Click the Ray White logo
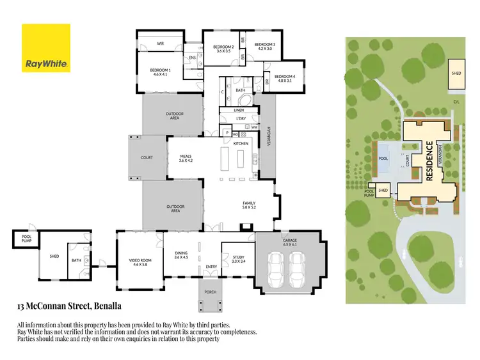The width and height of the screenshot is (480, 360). pyautogui.click(x=46, y=48)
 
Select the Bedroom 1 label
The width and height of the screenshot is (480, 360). pyautogui.click(x=159, y=72)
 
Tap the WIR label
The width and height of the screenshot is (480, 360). pyautogui.click(x=161, y=44)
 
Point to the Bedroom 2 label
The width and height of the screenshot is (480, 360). pyautogui.click(x=223, y=49)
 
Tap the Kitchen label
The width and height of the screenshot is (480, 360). pyautogui.click(x=241, y=144)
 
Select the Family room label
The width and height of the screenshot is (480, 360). pyautogui.click(x=249, y=205)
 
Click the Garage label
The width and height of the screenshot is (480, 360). pyautogui.click(x=289, y=243)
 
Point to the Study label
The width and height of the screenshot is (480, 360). pyautogui.click(x=238, y=259)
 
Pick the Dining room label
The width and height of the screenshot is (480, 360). pyautogui.click(x=182, y=255)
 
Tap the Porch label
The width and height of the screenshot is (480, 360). pyautogui.click(x=210, y=292)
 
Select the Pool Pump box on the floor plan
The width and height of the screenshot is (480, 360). pyautogui.click(x=22, y=239)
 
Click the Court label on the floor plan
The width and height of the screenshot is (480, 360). pyautogui.click(x=147, y=157)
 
